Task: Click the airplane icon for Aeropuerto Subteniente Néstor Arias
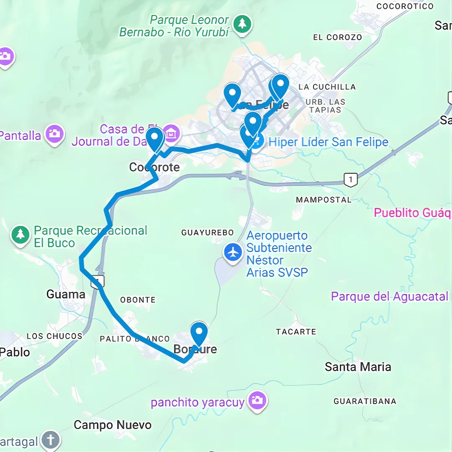pos(233,252)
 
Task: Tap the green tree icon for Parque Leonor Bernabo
pos(242,23)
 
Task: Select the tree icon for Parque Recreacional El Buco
pos(20,234)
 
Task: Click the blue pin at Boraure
pos(199,334)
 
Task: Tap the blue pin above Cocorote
pos(154,139)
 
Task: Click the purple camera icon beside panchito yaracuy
pos(257,401)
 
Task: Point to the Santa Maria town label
pos(358,367)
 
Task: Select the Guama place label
pos(66,294)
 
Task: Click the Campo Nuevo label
pos(113,425)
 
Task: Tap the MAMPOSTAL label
pos(324,200)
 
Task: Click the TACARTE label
pos(296,332)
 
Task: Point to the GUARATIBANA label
pos(365,401)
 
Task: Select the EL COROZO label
pos(337,37)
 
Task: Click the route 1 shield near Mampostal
pos(350,180)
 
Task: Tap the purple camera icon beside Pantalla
pos(54,134)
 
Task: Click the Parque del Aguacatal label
pos(389,297)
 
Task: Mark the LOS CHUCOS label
pos(54,336)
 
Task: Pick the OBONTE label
pos(138,300)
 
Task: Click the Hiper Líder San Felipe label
pos(328,142)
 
